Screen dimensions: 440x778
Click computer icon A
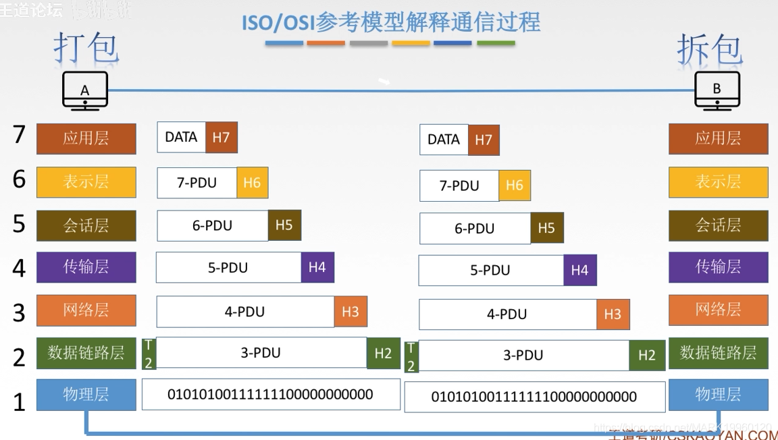(x=85, y=90)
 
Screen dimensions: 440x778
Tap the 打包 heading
(x=86, y=48)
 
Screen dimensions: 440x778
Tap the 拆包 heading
(x=710, y=49)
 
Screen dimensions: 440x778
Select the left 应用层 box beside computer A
(x=86, y=138)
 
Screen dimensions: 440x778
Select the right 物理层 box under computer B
(x=718, y=395)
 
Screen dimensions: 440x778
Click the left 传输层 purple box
(x=86, y=267)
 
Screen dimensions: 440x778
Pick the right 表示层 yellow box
(x=718, y=182)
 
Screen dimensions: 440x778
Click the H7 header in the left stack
(x=221, y=137)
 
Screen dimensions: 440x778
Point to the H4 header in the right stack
(x=579, y=270)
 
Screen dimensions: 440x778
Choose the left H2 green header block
(x=383, y=353)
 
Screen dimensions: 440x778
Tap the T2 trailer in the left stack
(x=149, y=354)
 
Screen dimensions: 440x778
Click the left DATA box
(x=181, y=137)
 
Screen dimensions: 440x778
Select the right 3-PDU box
(x=523, y=356)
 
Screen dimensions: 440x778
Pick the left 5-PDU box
(x=228, y=268)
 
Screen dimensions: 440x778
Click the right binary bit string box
(x=534, y=397)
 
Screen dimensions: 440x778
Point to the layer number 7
(x=20, y=134)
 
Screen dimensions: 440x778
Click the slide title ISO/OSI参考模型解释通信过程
(x=391, y=22)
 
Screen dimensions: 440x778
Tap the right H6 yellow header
(x=515, y=186)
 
